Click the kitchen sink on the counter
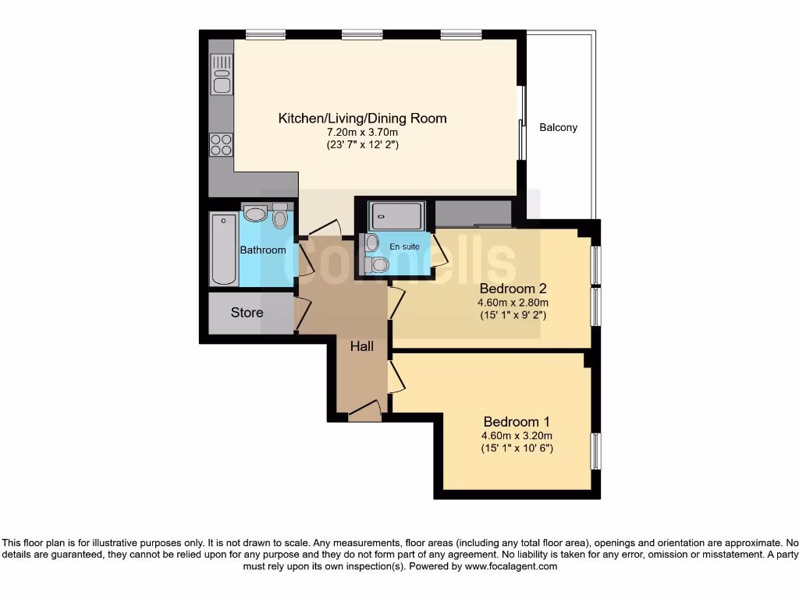pos(222,74)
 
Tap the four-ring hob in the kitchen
pos(221,144)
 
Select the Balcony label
pos(559,127)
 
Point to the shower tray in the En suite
pos(397,214)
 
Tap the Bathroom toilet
pos(280,218)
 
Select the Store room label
pos(247,313)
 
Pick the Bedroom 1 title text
pos(516,420)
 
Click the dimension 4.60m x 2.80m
pos(514,303)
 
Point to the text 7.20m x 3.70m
pos(362,133)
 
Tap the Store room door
pos(301,313)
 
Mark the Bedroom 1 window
pos(595,452)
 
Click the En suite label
pos(404,246)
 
